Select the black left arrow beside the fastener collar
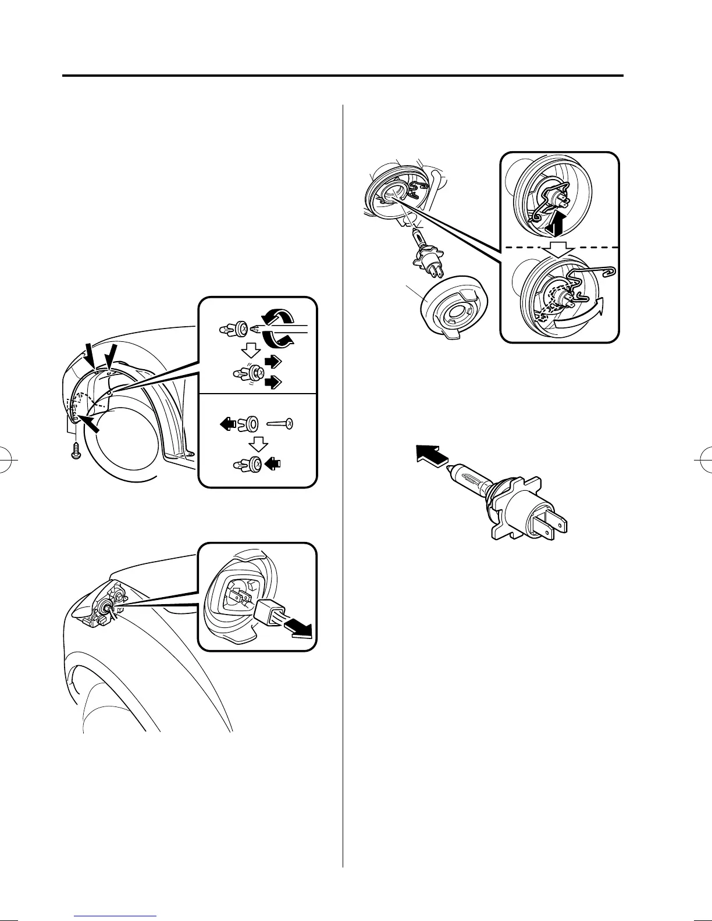click(x=228, y=424)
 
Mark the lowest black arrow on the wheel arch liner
click(x=90, y=422)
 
